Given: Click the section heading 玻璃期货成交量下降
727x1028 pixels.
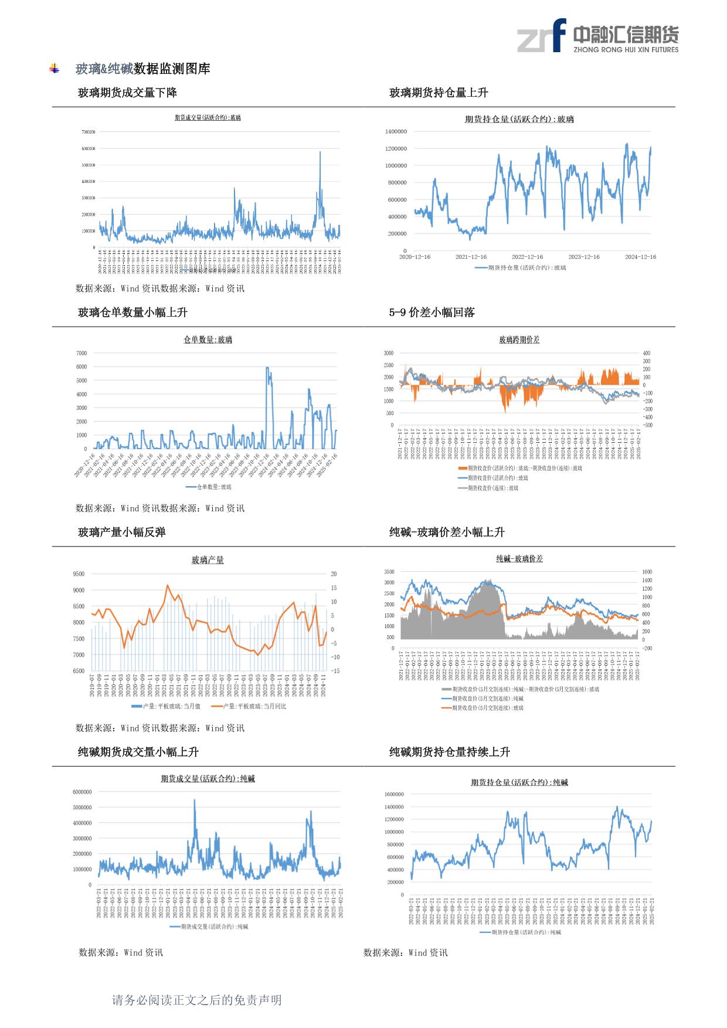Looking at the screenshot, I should click(x=127, y=93).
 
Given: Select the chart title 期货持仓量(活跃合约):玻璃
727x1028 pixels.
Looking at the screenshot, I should click(x=519, y=120).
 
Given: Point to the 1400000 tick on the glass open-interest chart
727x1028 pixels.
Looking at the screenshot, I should click(x=396, y=132).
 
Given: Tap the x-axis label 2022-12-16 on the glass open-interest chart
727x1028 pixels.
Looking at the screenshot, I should click(x=527, y=257).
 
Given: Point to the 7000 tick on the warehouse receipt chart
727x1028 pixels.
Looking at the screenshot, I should click(x=81, y=353).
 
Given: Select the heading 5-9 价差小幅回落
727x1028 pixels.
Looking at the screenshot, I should click(x=432, y=313).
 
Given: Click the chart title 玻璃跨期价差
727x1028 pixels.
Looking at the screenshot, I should click(x=519, y=340).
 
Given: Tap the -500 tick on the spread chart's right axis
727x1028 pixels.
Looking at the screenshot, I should click(x=647, y=425).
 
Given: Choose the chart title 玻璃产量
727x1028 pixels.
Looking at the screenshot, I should click(x=208, y=560).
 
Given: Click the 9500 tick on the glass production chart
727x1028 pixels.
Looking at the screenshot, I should click(x=79, y=574).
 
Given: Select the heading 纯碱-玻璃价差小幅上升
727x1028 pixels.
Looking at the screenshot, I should click(x=447, y=532).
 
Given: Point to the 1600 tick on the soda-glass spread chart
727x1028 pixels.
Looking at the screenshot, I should click(x=647, y=572).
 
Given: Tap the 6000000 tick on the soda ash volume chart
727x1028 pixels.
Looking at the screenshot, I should click(x=81, y=792).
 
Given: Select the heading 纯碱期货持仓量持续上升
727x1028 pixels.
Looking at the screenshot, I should click(x=449, y=752).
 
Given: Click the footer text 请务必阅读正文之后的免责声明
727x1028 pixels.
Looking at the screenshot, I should click(x=196, y=1000).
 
